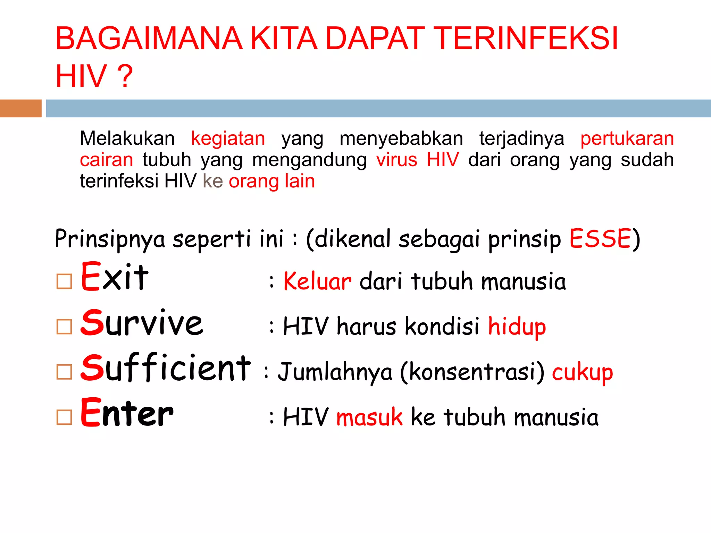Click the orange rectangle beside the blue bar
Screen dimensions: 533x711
(x=20, y=108)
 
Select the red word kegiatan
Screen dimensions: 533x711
(x=228, y=138)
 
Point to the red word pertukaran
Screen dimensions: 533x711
(x=627, y=138)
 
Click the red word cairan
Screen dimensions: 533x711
(x=106, y=160)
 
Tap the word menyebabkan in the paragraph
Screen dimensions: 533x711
(x=401, y=138)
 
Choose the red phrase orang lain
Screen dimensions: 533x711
(x=272, y=181)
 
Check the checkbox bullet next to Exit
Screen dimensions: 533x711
(x=64, y=281)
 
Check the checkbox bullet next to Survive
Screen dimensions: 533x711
(x=64, y=327)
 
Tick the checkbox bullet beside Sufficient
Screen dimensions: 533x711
(x=64, y=372)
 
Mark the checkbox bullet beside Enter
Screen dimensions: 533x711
(x=64, y=417)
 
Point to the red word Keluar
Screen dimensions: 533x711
(x=317, y=281)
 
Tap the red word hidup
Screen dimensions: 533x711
(x=517, y=327)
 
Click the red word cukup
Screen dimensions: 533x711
(x=582, y=372)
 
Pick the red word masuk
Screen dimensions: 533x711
(x=369, y=417)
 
